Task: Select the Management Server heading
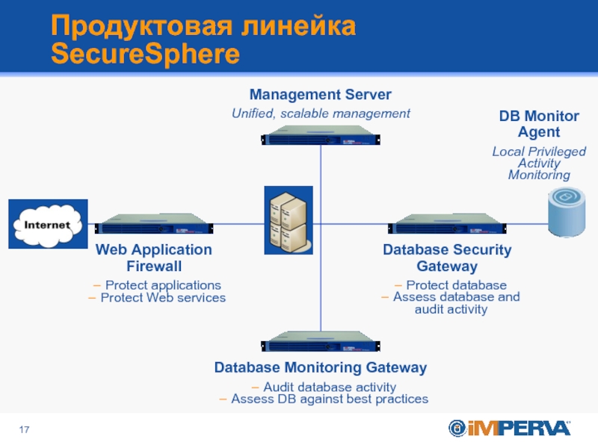coord(320,95)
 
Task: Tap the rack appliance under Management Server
coord(321,138)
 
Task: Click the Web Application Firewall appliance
coord(153,223)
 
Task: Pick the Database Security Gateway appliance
coord(447,223)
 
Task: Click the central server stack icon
coord(288,220)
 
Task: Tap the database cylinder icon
coord(567,211)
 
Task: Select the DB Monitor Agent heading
coord(539,124)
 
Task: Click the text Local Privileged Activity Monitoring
coord(539,163)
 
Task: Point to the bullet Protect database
coord(450,285)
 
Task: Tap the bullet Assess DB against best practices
coord(324,399)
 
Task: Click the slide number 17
coord(25,429)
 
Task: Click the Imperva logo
coord(509,428)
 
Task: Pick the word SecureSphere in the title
coord(146,54)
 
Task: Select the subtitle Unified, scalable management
coord(321,113)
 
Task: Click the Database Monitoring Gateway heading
coord(321,367)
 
